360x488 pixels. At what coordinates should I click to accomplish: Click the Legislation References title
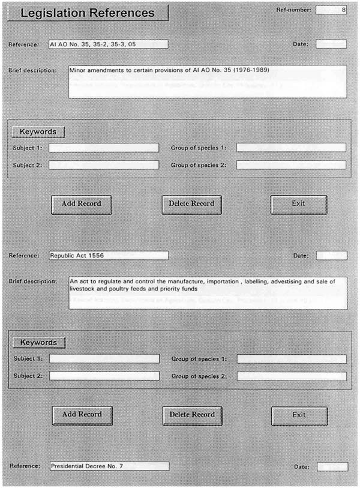point(88,13)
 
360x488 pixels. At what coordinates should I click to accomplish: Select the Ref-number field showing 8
point(331,10)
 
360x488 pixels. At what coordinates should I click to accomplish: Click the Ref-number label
point(293,10)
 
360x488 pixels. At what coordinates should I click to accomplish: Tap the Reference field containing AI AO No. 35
point(108,44)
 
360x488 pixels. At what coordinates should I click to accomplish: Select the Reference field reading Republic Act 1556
point(108,255)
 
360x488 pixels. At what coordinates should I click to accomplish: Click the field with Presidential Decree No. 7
point(109,465)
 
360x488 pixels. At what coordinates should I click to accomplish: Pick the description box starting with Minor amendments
point(208,81)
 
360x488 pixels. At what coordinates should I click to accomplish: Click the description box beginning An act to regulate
point(208,292)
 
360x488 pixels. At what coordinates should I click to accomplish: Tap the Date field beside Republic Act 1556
point(331,256)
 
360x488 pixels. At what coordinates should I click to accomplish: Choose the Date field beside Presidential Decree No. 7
point(331,466)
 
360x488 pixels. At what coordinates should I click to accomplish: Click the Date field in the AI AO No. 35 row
point(331,44)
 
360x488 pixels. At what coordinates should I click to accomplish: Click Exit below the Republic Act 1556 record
point(299,415)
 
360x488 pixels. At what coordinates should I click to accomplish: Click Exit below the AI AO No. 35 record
point(298,203)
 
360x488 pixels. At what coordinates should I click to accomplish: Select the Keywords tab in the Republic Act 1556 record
point(39,343)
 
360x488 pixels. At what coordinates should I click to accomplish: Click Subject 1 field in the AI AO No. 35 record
point(104,148)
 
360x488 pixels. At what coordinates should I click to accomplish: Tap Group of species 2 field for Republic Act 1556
point(292,376)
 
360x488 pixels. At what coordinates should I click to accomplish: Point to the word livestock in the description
point(83,289)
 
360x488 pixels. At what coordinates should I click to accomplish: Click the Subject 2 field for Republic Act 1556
point(104,376)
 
